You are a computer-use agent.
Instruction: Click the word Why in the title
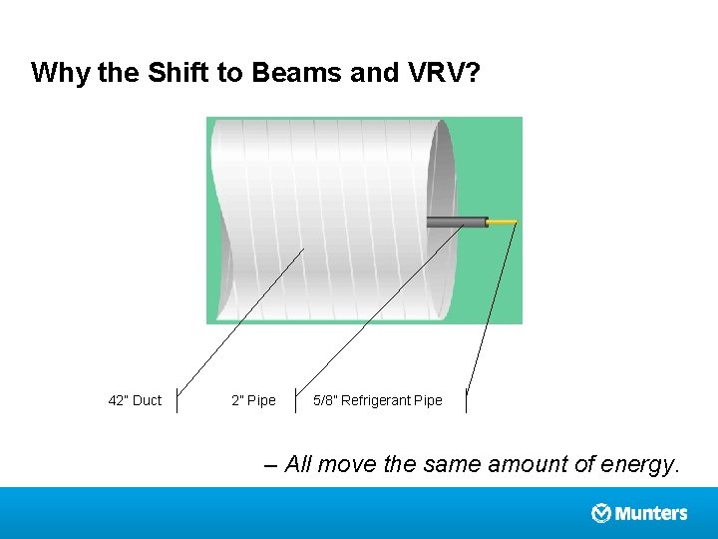[62, 73]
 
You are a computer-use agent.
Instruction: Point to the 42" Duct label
[134, 400]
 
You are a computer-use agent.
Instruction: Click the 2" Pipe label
[253, 400]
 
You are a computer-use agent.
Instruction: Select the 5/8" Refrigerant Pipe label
[377, 400]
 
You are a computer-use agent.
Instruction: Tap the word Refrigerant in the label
[376, 400]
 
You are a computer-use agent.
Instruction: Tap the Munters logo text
[651, 513]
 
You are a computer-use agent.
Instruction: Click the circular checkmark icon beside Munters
[601, 513]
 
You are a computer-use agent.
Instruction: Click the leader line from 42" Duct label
[239, 319]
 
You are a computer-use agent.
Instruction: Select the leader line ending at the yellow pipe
[492, 309]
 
